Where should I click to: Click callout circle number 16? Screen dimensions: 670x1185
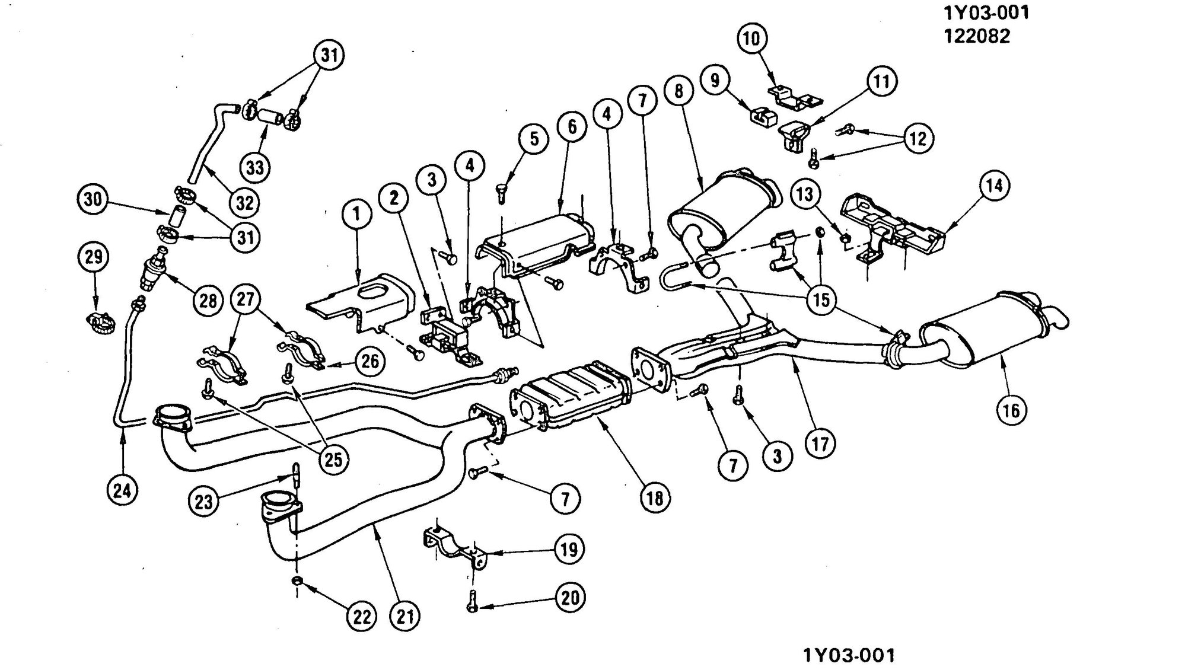(x=1011, y=410)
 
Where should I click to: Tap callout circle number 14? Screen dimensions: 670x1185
(x=995, y=186)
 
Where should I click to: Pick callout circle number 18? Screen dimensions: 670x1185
(x=654, y=498)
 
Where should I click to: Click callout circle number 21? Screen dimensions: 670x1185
(x=405, y=617)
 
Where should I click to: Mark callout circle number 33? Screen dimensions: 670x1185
(x=255, y=167)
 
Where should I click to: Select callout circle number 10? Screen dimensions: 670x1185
(x=752, y=39)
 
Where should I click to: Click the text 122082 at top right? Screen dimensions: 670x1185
(x=976, y=36)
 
